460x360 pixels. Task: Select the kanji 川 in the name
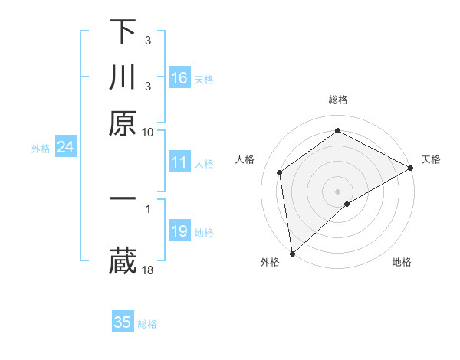(122, 79)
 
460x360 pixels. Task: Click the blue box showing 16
(179, 78)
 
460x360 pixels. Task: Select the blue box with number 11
(179, 162)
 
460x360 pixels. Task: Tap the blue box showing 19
(179, 231)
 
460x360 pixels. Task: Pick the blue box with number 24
(66, 147)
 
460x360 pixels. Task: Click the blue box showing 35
(123, 322)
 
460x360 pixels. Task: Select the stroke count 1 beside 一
(148, 208)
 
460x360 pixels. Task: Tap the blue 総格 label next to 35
(148, 324)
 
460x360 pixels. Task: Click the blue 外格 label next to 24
(41, 149)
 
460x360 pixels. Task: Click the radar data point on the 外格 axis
(292, 253)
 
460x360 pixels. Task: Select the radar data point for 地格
(348, 204)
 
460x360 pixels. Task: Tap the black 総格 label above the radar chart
(338, 100)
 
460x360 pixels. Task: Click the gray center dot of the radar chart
(338, 191)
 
